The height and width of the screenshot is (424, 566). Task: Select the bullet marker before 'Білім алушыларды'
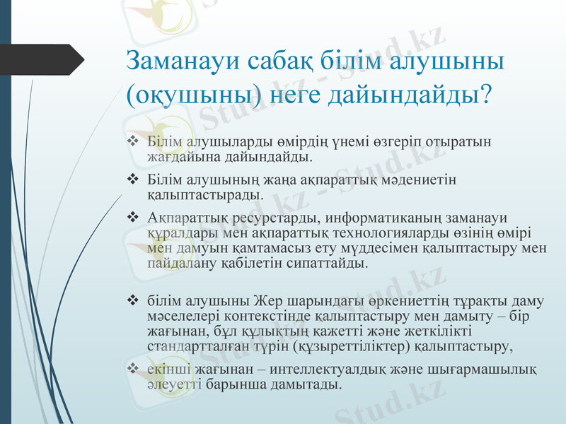click(132, 142)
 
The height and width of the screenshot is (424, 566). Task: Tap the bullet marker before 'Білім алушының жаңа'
click(132, 180)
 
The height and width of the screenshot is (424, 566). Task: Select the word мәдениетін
click(423, 180)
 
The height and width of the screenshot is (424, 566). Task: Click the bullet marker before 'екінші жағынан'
click(132, 370)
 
